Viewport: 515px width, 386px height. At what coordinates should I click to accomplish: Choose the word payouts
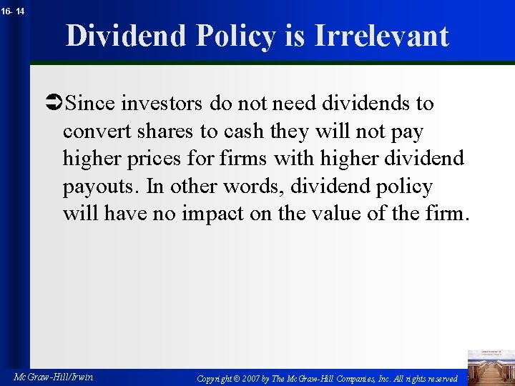coord(101,187)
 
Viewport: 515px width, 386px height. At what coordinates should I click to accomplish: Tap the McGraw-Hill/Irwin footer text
coord(54,376)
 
